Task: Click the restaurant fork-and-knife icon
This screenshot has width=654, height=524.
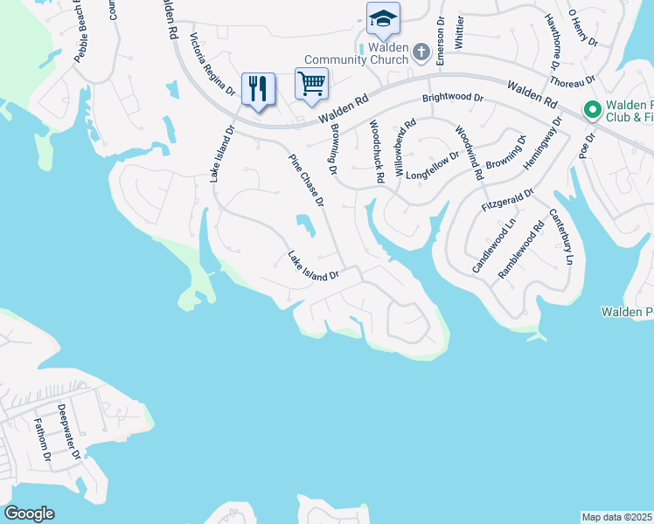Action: point(258,88)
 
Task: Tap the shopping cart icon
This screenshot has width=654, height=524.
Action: point(312,84)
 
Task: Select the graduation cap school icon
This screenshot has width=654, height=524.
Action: point(383,18)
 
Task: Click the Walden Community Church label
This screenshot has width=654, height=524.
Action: point(388,53)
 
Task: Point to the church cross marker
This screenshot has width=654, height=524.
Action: point(421,53)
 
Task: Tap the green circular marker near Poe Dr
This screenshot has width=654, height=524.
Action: point(592,110)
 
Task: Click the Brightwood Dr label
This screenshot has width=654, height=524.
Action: point(453,99)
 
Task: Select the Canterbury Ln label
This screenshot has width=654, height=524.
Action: point(561,237)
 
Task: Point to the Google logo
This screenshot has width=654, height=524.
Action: point(29,514)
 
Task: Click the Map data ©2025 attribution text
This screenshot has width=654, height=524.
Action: point(617,517)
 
